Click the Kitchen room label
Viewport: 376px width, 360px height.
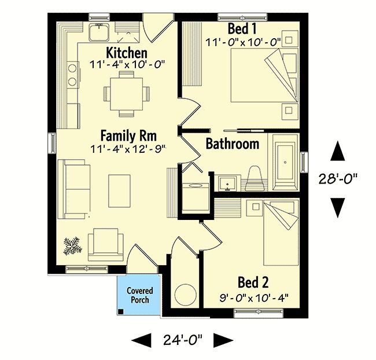tap(127, 53)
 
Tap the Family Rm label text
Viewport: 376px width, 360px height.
tap(128, 135)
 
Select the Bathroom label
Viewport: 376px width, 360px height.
tap(233, 144)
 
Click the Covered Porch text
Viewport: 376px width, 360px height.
tap(139, 295)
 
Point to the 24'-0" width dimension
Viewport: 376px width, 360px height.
tap(183, 340)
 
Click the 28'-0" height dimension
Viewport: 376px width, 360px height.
tap(338, 179)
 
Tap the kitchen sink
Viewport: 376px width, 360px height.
tap(99, 32)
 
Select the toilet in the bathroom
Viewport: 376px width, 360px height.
tap(255, 179)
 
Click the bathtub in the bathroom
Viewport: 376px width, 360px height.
tap(285, 163)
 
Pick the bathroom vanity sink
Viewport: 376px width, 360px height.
tap(227, 183)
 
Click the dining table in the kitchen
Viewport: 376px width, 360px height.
tap(127, 94)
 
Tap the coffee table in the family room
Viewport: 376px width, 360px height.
tap(119, 191)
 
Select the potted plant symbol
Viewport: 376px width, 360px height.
tap(72, 246)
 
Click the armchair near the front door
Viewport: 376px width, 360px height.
tap(106, 245)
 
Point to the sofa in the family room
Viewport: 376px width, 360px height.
tap(74, 189)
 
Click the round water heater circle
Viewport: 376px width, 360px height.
tap(185, 295)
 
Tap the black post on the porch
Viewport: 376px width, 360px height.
tap(121, 312)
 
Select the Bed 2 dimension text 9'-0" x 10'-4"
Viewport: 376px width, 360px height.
tap(254, 299)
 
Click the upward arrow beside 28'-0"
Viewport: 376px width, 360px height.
tap(338, 151)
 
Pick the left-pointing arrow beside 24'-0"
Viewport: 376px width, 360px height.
tap(142, 340)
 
